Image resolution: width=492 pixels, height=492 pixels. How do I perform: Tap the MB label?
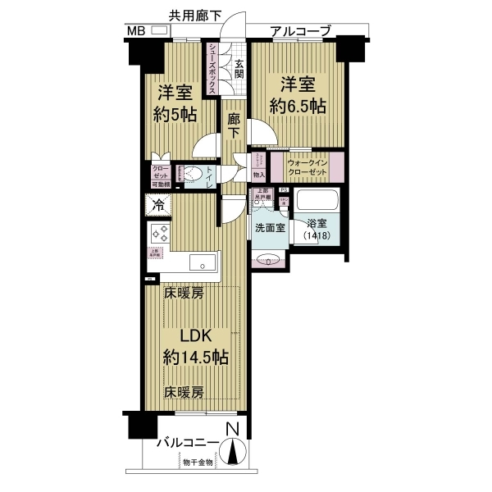click(136, 31)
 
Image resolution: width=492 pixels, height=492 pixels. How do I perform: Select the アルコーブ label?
click(300, 31)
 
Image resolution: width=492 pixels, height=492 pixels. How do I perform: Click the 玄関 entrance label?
click(239, 68)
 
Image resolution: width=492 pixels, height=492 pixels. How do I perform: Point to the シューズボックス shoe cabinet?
click(212, 70)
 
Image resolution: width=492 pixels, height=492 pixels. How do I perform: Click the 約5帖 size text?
click(174, 115)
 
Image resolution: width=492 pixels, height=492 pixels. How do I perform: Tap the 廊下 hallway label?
click(234, 122)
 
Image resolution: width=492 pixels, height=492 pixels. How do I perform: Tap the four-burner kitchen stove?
click(158, 233)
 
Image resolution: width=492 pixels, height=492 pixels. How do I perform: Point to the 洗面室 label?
click(269, 228)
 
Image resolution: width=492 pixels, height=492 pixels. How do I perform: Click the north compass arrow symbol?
click(234, 452)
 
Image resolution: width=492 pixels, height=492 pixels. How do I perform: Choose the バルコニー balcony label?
click(188, 444)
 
